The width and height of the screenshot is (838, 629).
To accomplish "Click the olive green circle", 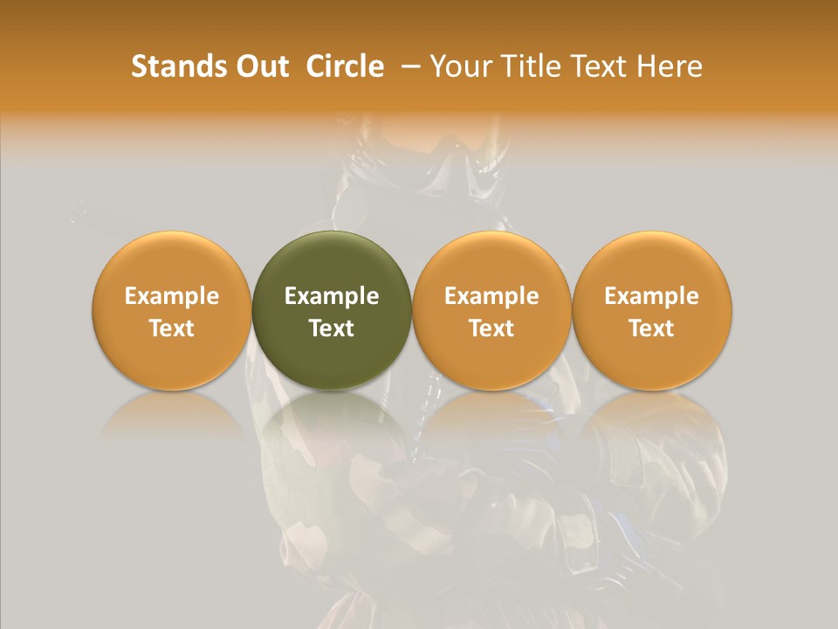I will [x=332, y=311].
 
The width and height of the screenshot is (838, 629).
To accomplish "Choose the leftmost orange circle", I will [x=171, y=311].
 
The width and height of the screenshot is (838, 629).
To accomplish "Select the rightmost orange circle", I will [x=652, y=311].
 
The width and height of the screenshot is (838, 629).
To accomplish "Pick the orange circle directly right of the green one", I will [x=491, y=311].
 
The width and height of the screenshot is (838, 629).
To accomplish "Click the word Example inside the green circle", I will [x=332, y=296].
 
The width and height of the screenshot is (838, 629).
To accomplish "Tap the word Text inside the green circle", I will [x=332, y=328].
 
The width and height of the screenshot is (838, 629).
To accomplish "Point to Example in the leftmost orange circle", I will [x=171, y=296].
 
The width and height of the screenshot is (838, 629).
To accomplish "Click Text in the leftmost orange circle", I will [x=171, y=328].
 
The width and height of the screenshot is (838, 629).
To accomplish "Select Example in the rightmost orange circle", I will [x=652, y=296].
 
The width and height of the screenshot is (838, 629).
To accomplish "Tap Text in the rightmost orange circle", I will [x=652, y=328].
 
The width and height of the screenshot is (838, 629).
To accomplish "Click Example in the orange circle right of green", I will [x=491, y=296].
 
